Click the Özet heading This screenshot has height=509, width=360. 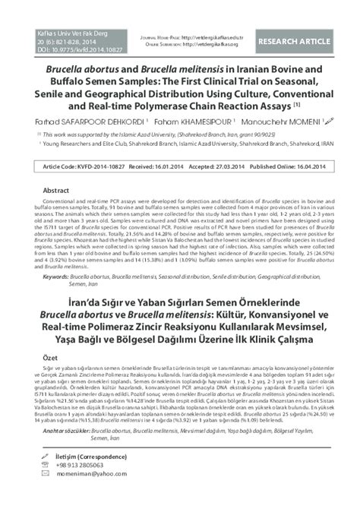point(51,356)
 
